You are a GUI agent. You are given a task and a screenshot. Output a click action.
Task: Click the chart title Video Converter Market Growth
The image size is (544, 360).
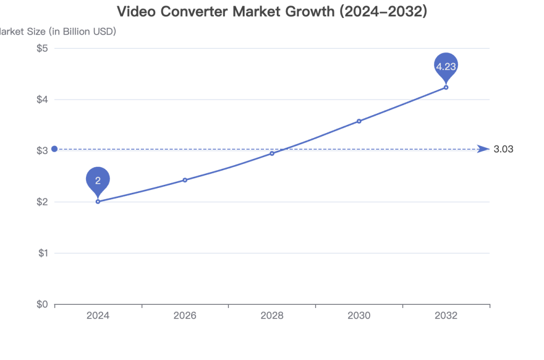pyautogui.click(x=271, y=12)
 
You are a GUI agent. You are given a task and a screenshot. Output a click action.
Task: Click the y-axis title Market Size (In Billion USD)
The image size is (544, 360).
pyautogui.click(x=57, y=31)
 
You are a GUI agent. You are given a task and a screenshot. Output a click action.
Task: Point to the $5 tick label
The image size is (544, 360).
pyautogui.click(x=42, y=48)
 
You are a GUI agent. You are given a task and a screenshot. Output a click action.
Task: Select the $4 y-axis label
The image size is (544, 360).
pyautogui.click(x=42, y=99)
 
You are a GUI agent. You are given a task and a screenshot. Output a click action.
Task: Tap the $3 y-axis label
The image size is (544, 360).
pyautogui.click(x=42, y=151)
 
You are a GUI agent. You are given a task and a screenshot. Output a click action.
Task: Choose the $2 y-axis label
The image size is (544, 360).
pyautogui.click(x=42, y=202)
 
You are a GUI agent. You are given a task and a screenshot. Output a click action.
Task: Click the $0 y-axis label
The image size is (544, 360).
pyautogui.click(x=42, y=304)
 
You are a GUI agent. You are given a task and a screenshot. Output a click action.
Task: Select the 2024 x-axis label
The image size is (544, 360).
pyautogui.click(x=98, y=316)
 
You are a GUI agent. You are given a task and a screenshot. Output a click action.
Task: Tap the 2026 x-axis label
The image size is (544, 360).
pyautogui.click(x=185, y=316)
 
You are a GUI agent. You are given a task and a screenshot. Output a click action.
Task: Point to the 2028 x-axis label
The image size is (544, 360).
pyautogui.click(x=272, y=316)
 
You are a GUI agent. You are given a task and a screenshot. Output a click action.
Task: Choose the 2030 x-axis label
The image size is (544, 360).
pyautogui.click(x=359, y=316)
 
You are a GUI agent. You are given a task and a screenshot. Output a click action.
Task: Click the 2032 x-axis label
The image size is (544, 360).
pyautogui.click(x=446, y=316)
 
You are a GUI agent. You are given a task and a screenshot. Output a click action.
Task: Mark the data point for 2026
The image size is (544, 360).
pyautogui.click(x=185, y=180)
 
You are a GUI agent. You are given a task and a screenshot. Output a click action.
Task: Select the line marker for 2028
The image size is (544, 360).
pyautogui.click(x=272, y=153)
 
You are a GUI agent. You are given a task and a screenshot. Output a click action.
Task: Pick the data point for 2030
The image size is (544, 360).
pyautogui.click(x=359, y=121)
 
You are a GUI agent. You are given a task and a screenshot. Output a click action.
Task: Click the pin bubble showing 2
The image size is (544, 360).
pyautogui.click(x=98, y=181)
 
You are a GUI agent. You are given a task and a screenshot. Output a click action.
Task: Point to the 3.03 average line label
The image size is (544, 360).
pyautogui.click(x=503, y=149)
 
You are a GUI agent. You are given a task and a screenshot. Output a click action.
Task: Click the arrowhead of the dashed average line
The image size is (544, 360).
pyautogui.click(x=484, y=149)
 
